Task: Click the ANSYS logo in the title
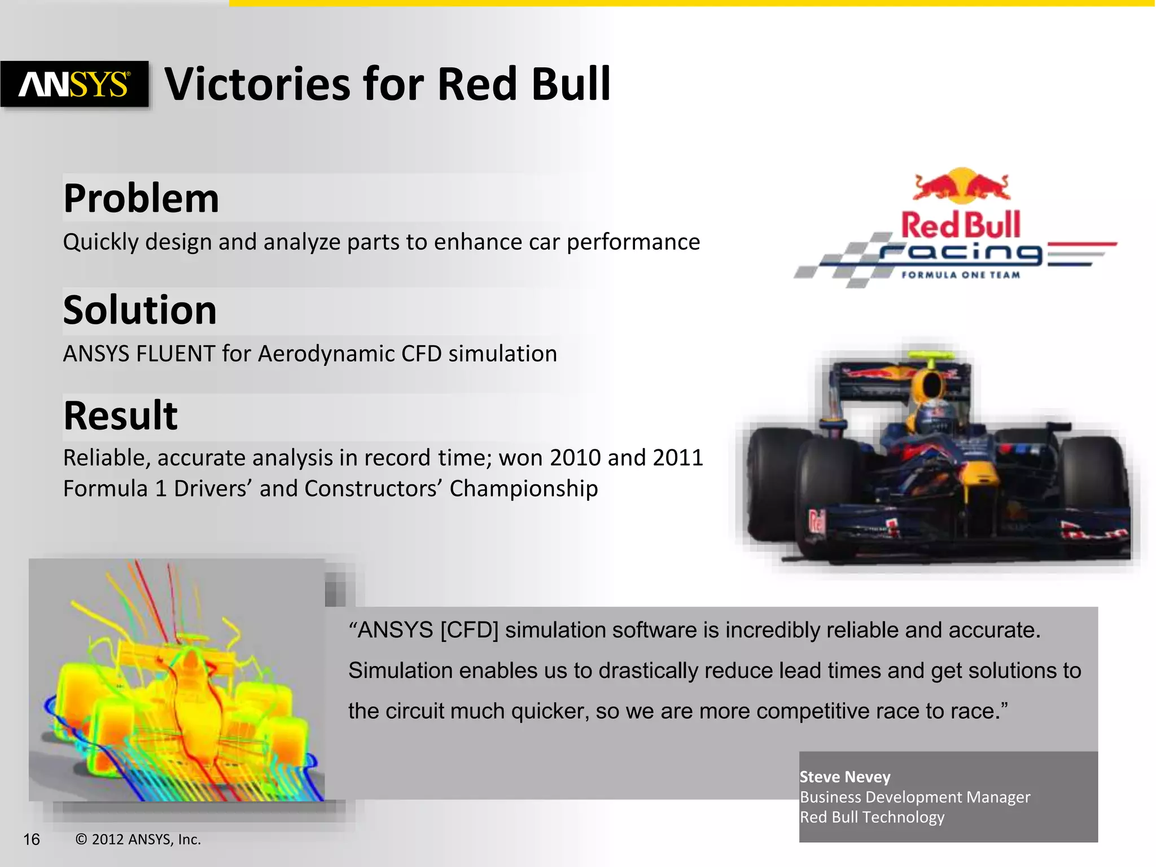pos(75,84)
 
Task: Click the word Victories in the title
pos(257,84)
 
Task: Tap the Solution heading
pos(139,310)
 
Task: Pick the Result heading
pos(120,415)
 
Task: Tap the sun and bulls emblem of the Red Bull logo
pos(961,185)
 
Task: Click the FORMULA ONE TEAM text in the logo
pos(961,275)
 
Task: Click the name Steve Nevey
pos(844,777)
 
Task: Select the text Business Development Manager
pos(914,797)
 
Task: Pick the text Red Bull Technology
pos(872,817)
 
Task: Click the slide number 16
pos(32,839)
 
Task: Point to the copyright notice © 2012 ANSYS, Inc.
pos(138,839)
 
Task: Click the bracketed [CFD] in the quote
pos(469,630)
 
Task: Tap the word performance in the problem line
pos(633,242)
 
